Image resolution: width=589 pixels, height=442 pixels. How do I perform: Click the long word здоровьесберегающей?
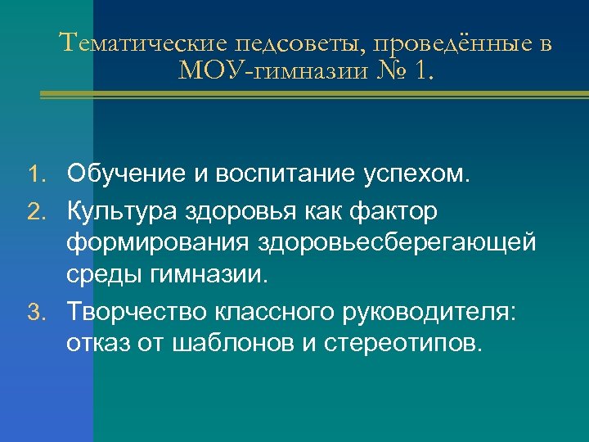click(x=398, y=243)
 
